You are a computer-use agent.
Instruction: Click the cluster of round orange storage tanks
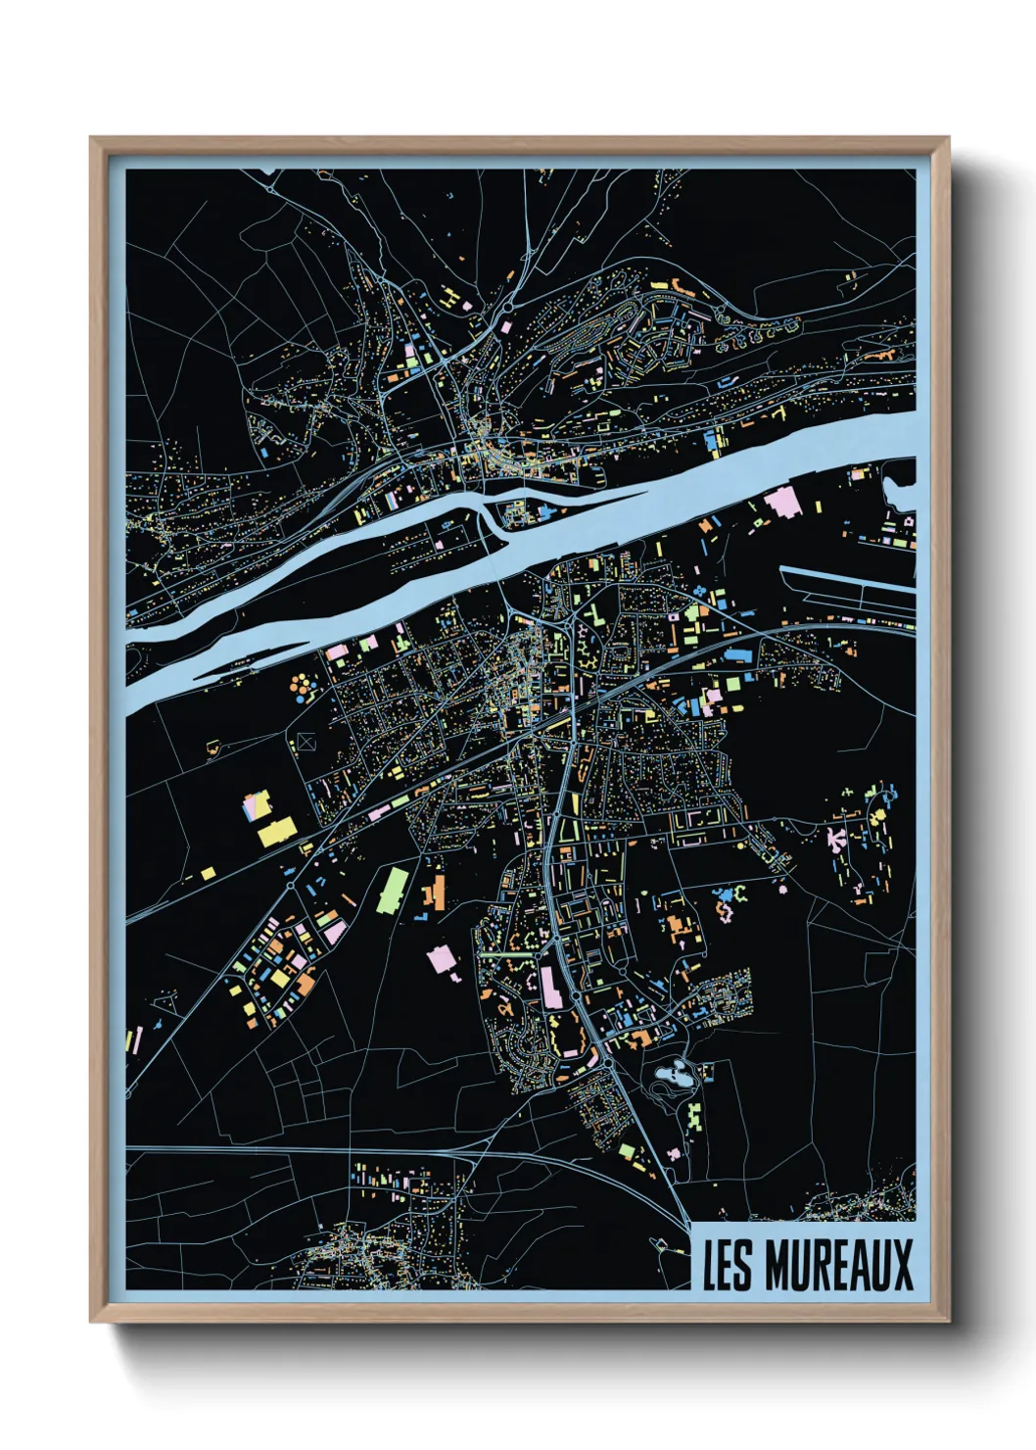click(304, 687)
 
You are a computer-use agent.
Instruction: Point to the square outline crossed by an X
click(306, 742)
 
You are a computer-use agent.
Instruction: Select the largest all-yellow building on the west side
click(276, 832)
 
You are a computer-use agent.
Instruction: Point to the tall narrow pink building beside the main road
click(551, 986)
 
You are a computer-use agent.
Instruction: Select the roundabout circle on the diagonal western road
click(291, 886)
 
